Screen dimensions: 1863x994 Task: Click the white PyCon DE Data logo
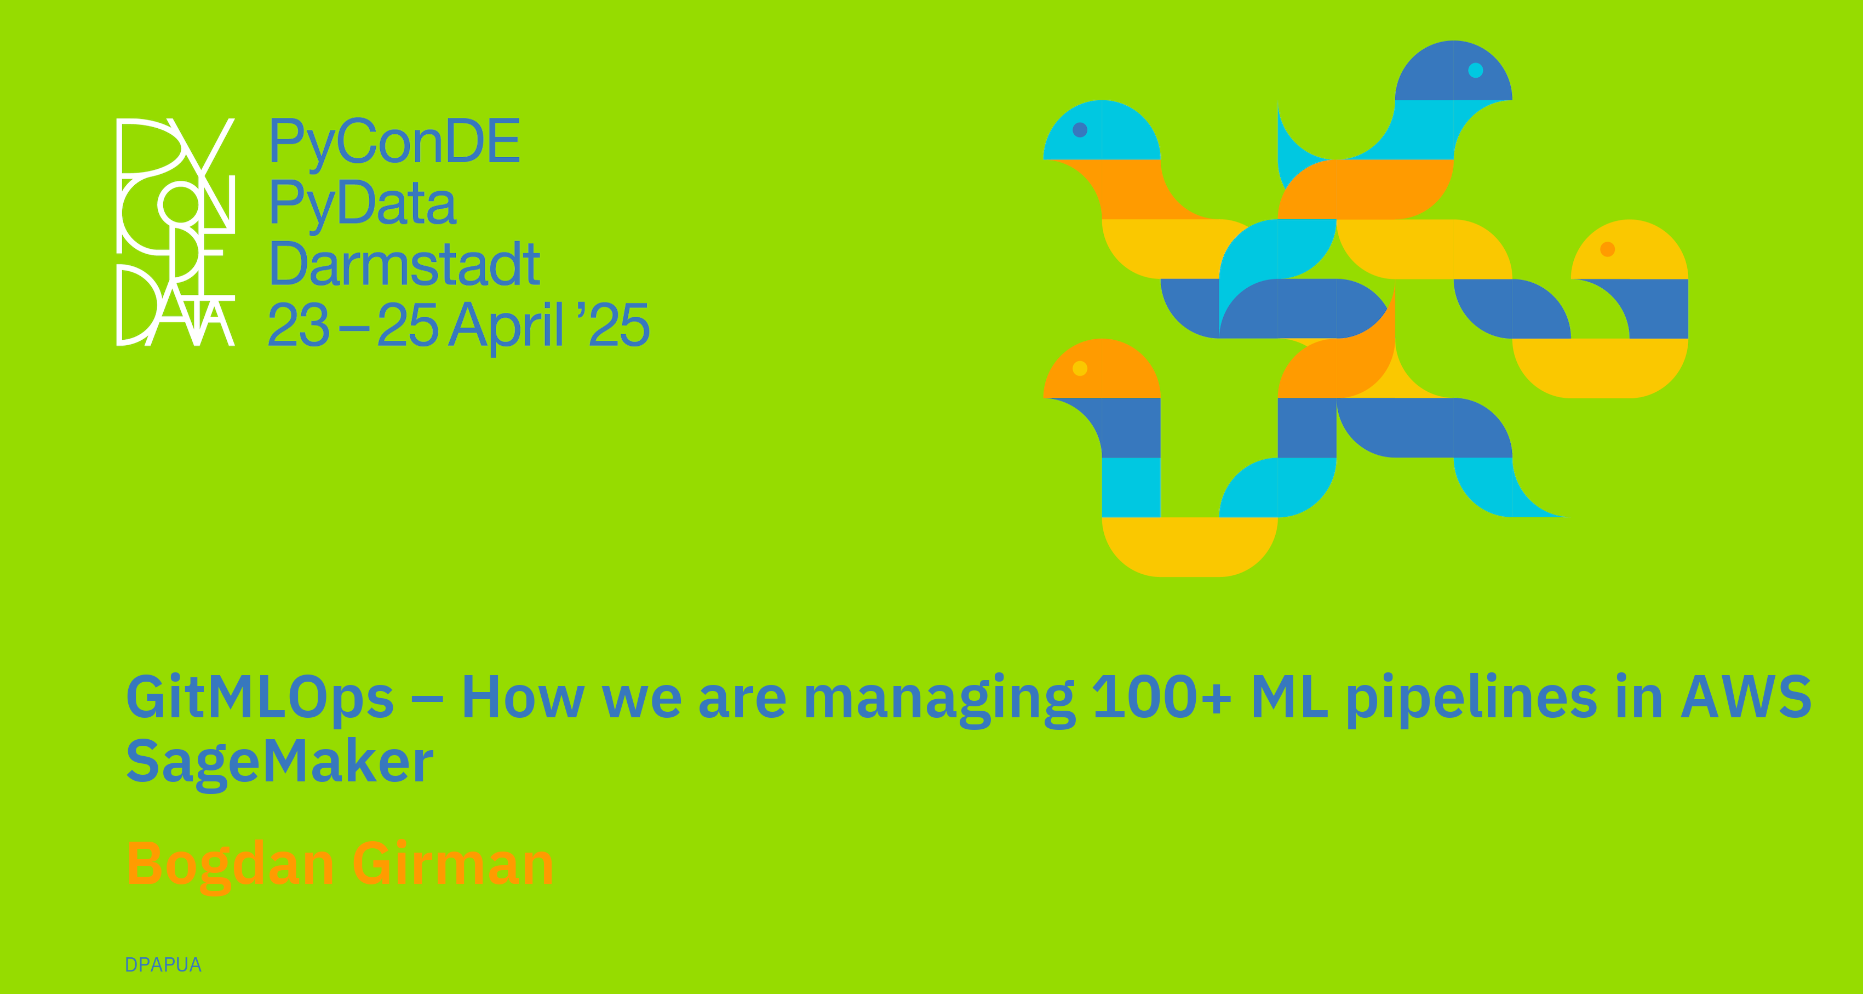pos(176,231)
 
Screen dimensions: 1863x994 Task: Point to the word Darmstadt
pos(404,264)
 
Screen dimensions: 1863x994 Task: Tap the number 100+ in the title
pos(1161,696)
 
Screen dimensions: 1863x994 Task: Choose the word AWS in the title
pos(1746,696)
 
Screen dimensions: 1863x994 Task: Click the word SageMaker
pos(280,763)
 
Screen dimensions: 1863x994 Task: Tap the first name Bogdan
pos(231,865)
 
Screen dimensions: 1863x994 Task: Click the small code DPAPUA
pos(163,965)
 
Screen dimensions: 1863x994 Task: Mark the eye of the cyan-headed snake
pos(1080,129)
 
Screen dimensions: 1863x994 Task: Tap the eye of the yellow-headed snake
pos(1608,249)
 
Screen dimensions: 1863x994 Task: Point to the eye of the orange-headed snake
pos(1080,368)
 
